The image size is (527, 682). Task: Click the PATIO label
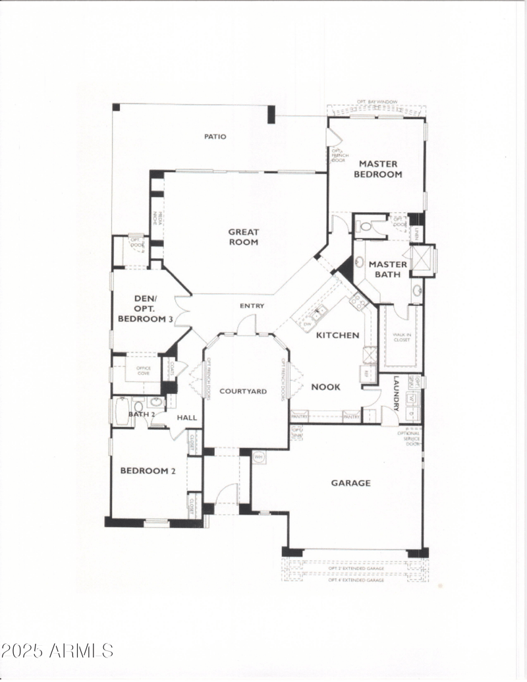[215, 137]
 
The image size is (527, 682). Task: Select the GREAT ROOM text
[244, 237]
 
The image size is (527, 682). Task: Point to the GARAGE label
[350, 483]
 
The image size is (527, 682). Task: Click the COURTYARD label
[243, 391]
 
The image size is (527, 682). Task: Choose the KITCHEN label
[338, 335]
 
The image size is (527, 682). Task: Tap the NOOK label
[325, 387]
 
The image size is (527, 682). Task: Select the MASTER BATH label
[388, 270]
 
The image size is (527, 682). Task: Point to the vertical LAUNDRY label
[397, 393]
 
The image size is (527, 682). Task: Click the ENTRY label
[252, 306]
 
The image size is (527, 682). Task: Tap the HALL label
[186, 417]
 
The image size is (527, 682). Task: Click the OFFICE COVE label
[143, 370]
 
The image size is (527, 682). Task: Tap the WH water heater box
[258, 455]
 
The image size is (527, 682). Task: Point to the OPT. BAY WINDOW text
[377, 101]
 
